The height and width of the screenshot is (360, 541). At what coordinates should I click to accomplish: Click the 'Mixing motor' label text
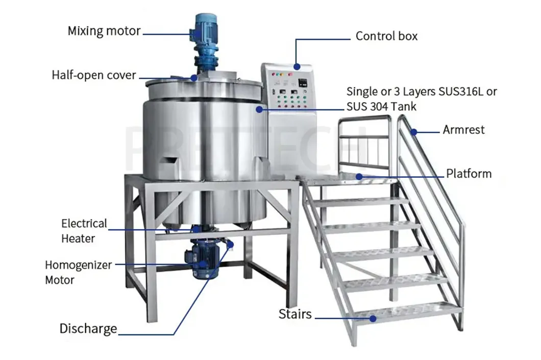click(104, 31)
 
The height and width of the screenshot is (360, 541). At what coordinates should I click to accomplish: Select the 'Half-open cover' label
click(94, 75)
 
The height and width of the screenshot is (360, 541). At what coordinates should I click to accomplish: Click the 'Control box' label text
click(386, 36)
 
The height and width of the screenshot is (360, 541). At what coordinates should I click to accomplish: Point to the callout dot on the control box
click(297, 66)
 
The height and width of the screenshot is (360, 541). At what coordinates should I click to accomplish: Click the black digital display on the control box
click(303, 83)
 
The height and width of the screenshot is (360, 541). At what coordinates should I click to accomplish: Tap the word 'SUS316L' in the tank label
click(461, 91)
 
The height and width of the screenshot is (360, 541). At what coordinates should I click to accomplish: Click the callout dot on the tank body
click(259, 109)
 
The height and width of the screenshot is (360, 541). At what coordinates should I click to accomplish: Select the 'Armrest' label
click(463, 130)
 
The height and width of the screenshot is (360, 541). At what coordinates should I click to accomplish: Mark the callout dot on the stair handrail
click(414, 132)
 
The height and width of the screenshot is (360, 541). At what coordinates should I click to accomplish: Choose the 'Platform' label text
click(469, 174)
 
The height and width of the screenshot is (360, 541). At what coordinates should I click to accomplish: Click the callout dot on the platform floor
click(359, 177)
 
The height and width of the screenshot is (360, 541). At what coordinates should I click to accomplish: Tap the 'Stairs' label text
click(295, 314)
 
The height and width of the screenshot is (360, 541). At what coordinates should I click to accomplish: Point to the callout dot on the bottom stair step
click(373, 318)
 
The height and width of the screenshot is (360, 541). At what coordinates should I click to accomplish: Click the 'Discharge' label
click(88, 328)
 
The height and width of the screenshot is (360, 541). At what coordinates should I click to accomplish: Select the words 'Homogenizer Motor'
click(78, 272)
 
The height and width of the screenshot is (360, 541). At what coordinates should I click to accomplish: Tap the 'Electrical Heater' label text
click(84, 231)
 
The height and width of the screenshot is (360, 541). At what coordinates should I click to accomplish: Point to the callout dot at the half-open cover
click(194, 78)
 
